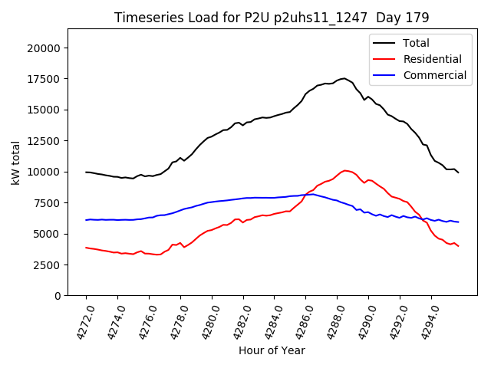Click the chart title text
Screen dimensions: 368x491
click(x=272, y=17)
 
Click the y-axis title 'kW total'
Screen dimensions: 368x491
click(x=16, y=162)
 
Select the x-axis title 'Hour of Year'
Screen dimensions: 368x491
click(x=272, y=350)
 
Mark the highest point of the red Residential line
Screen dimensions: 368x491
click(x=345, y=170)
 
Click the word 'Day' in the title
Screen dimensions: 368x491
click(x=397, y=17)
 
